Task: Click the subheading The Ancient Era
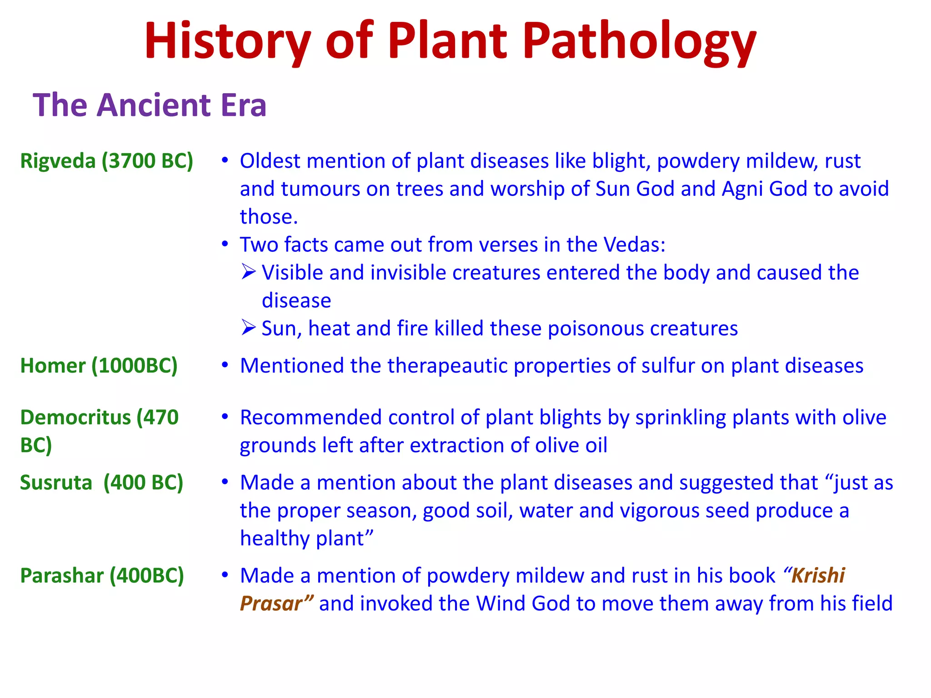(x=149, y=105)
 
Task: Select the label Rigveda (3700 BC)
(x=107, y=161)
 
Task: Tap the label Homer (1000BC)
(x=99, y=366)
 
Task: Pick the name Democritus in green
(x=75, y=417)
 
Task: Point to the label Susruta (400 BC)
(x=101, y=483)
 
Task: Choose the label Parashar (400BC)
(x=102, y=576)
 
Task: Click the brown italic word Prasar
(x=271, y=604)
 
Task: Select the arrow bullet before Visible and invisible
(x=249, y=272)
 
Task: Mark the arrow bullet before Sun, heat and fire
(x=249, y=328)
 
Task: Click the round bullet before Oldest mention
(x=225, y=160)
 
